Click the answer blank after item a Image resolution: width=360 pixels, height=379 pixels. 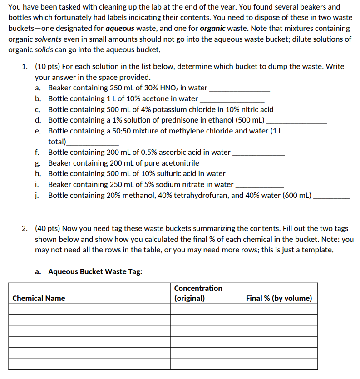coord(239,89)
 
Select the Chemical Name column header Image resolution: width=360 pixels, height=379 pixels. coord(39,298)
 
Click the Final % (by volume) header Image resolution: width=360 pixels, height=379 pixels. coord(279,298)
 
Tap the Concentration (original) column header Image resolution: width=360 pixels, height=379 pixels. coord(198,293)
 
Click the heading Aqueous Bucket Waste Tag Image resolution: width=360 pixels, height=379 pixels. coord(95,271)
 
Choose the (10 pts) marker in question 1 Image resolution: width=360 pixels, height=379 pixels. coord(48,66)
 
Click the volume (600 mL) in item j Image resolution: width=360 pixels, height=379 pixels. coord(297,195)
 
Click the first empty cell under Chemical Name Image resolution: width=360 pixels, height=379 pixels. coord(89,309)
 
